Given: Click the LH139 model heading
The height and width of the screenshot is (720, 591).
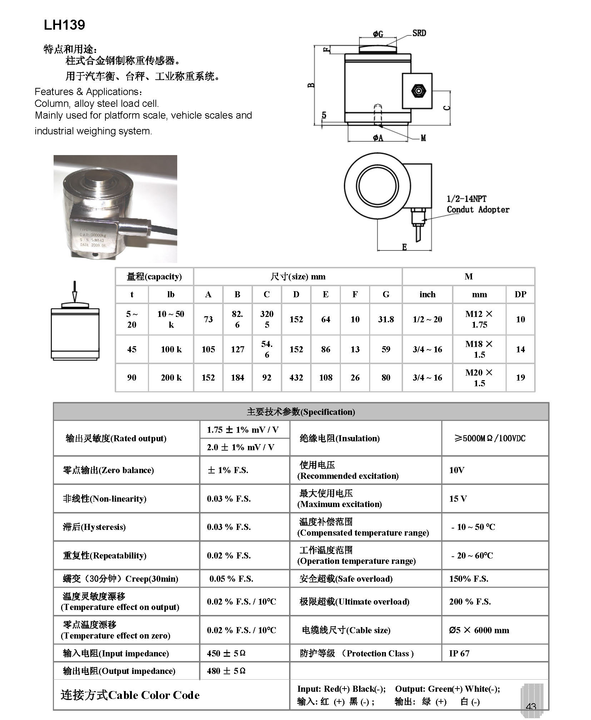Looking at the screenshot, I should (x=64, y=25).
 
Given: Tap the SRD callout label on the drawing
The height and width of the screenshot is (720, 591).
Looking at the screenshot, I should (x=419, y=33).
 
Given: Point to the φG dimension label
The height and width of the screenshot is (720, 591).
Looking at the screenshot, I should (x=378, y=34).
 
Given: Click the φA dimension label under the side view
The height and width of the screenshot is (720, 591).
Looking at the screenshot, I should (x=378, y=138).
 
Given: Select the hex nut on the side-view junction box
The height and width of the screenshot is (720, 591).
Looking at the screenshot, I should (x=417, y=91).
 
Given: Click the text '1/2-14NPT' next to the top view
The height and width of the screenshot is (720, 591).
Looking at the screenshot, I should (x=466, y=199).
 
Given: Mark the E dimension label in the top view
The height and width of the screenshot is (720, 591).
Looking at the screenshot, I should (x=404, y=247).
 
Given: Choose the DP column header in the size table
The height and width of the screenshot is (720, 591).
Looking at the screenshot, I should (x=520, y=294).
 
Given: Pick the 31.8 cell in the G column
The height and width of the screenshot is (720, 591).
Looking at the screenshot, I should (x=386, y=319).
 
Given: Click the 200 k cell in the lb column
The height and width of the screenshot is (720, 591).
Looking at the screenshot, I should (x=171, y=378).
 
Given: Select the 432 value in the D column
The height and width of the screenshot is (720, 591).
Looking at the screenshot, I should (x=296, y=378).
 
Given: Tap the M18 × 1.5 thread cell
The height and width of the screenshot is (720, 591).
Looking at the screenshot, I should (x=479, y=349).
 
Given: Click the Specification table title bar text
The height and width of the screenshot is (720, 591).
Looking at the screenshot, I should (x=301, y=412).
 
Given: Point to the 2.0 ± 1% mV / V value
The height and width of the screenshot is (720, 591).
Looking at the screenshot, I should (x=240, y=447).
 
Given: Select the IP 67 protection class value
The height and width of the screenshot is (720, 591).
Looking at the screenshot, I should (x=459, y=654).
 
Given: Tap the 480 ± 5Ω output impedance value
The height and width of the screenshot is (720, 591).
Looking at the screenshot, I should (x=226, y=671).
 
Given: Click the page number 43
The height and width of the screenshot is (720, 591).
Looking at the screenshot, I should (x=531, y=706).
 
